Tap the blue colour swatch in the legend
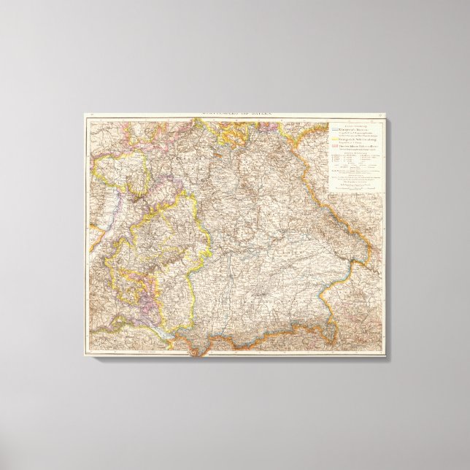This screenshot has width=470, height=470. [x=332, y=128]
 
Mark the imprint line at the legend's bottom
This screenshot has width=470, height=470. [x=354, y=190]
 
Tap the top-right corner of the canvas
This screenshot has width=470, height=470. [x=387, y=112]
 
